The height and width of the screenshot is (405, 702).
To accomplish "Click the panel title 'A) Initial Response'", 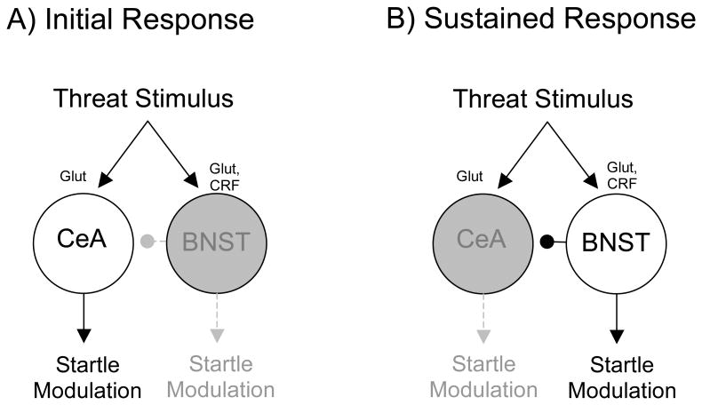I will [x=130, y=19].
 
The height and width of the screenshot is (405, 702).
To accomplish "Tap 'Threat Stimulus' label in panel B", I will [x=544, y=99].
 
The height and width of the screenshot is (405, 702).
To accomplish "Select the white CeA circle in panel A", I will [x=83, y=241].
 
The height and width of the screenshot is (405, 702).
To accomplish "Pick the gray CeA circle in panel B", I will [x=484, y=241].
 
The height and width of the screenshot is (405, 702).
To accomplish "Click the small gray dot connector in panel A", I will [x=148, y=241].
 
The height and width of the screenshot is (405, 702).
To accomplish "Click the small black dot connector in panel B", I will [x=548, y=241].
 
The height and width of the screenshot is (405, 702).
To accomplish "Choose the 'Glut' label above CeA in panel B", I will [x=468, y=177].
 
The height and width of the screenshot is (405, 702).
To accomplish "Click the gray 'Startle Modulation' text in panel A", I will [x=219, y=377].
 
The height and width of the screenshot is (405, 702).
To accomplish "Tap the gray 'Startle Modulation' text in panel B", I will [x=484, y=377].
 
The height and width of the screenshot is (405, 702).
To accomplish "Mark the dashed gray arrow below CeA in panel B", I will [x=484, y=318].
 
